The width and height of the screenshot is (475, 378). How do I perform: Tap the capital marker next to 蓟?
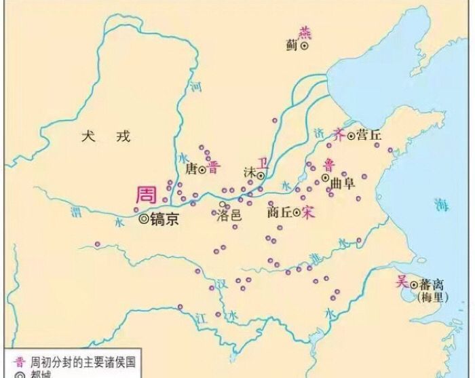(x=305, y=45)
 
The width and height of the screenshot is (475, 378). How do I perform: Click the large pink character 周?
(x=147, y=195)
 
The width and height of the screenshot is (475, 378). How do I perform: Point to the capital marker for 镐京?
(x=143, y=219)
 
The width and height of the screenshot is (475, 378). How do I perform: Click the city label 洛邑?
(x=229, y=216)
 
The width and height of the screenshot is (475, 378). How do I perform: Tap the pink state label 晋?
(x=213, y=168)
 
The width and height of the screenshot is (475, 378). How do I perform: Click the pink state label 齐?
(x=339, y=135)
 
